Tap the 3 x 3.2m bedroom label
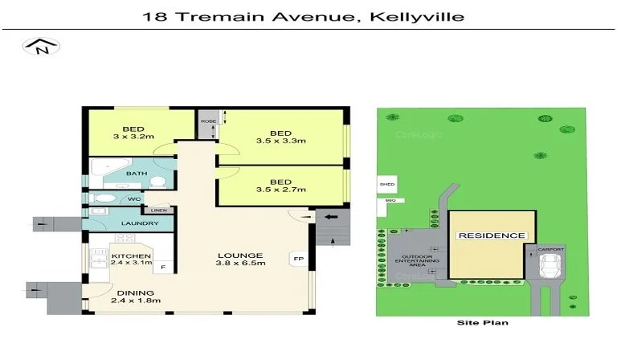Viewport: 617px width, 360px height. [133, 133]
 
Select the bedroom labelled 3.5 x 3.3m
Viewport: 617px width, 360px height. [280, 137]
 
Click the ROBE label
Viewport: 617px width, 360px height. [208, 121]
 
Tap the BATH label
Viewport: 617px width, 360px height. [136, 174]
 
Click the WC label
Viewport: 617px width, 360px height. [134, 198]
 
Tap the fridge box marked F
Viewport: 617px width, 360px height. [164, 267]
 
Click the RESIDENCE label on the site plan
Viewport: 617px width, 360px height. [491, 235]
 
